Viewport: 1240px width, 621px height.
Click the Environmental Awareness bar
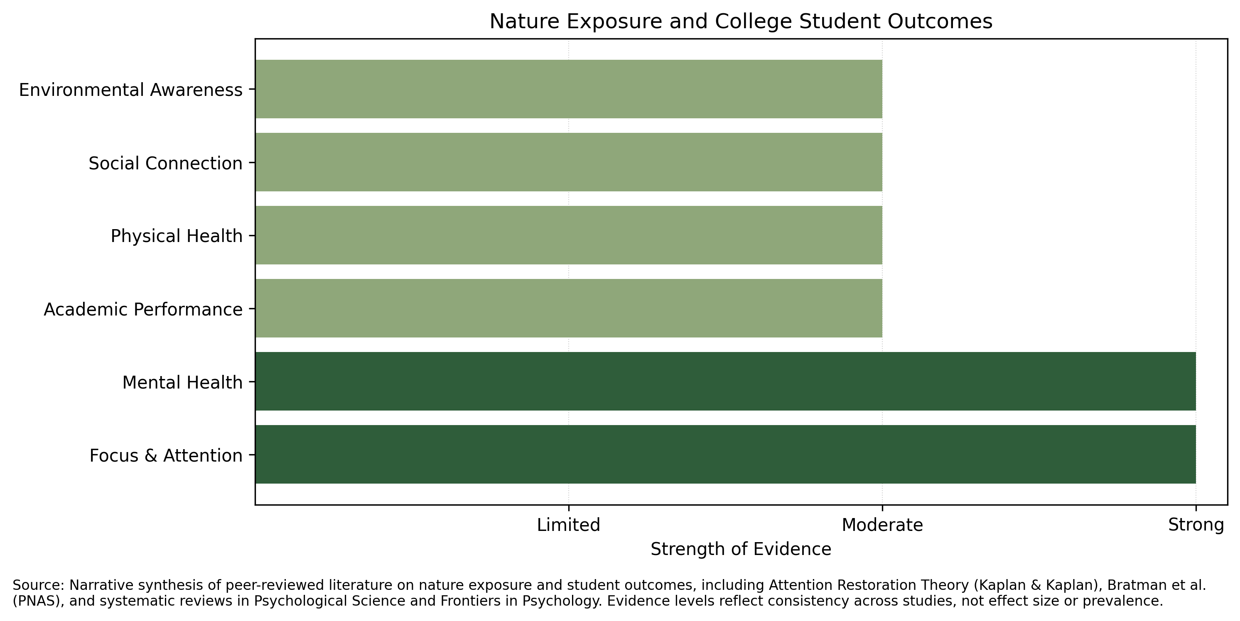point(569,89)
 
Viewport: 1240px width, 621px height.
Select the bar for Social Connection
point(569,162)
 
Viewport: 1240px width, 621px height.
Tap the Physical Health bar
point(569,235)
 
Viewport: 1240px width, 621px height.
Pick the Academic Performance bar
point(569,308)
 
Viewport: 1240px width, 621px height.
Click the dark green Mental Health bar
point(725,381)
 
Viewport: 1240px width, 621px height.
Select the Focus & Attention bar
point(725,455)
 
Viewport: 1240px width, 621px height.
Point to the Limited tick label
point(569,525)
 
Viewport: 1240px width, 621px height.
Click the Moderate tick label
point(882,525)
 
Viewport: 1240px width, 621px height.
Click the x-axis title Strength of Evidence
point(741,549)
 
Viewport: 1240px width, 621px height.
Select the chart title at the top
point(741,22)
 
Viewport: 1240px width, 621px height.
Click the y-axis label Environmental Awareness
point(130,90)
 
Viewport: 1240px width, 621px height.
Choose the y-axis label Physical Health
point(177,236)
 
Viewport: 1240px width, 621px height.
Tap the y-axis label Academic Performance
point(143,309)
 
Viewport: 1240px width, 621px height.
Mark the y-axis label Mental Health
point(182,382)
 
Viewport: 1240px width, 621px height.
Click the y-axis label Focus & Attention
point(166,455)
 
